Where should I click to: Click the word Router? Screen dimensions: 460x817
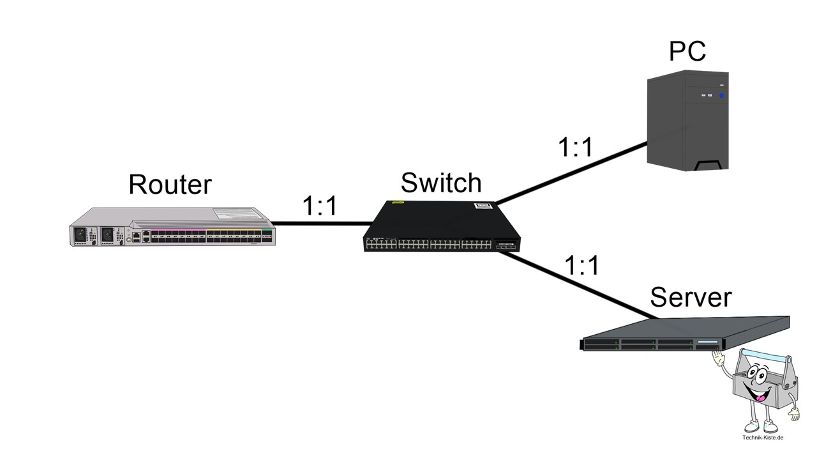(x=169, y=184)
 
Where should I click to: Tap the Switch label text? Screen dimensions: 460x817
(x=440, y=183)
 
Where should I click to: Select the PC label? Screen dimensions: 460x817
(x=687, y=51)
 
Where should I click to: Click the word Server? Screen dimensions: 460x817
(x=690, y=298)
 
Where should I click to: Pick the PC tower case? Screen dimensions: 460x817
(x=687, y=121)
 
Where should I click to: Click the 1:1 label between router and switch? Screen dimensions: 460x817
(x=319, y=206)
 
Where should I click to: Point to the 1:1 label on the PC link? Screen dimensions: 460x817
(x=575, y=148)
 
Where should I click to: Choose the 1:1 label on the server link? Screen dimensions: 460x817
(x=582, y=265)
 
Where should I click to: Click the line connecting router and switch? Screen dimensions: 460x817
(x=322, y=224)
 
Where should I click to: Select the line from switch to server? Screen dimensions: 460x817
(x=574, y=284)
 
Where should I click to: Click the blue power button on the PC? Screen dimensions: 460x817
(x=722, y=96)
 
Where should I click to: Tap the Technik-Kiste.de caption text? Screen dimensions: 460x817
(x=763, y=438)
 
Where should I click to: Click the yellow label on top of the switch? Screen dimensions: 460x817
(x=398, y=203)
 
